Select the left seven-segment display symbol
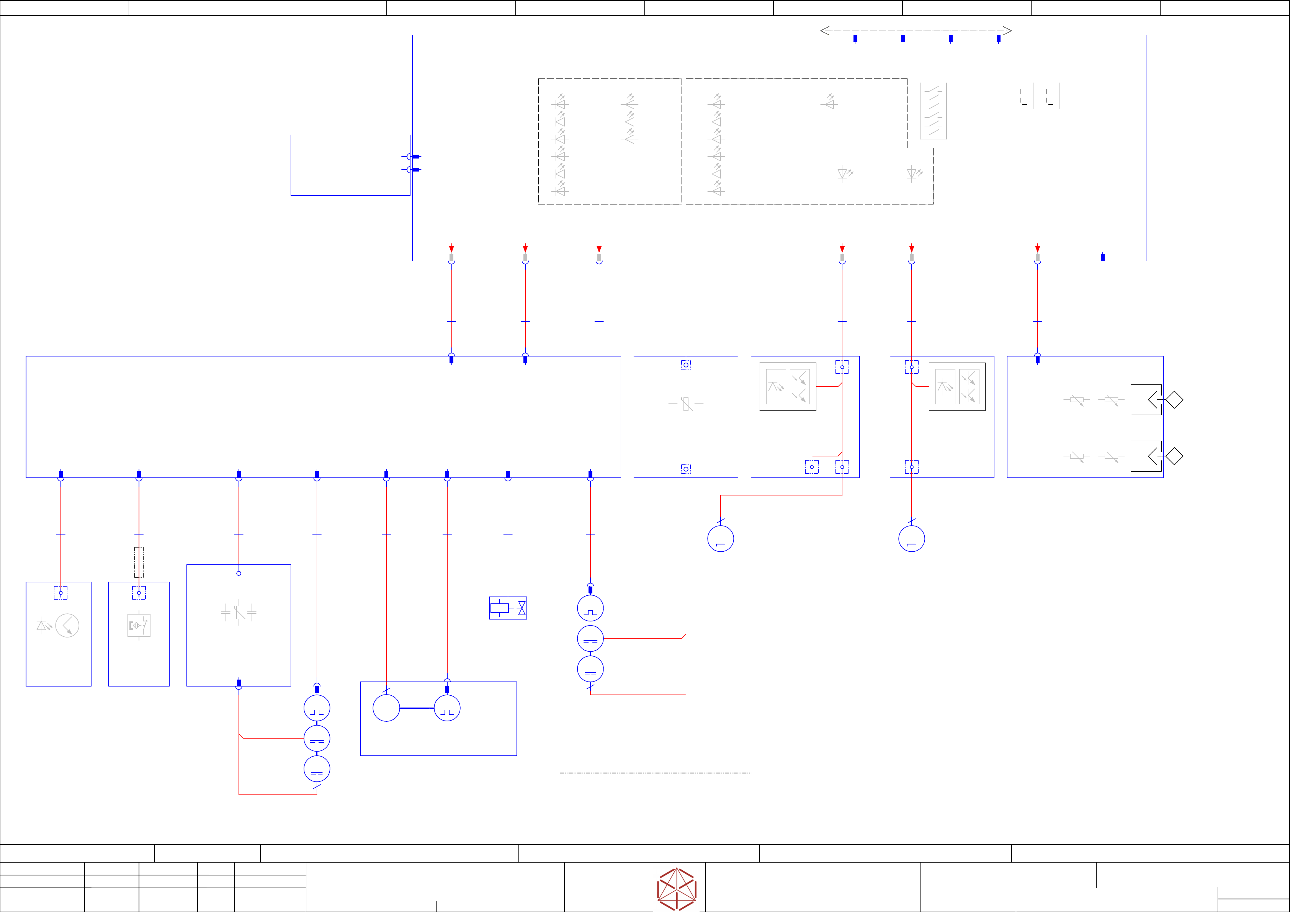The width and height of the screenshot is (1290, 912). pos(1024,96)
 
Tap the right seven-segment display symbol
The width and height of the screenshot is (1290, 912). pos(1050,96)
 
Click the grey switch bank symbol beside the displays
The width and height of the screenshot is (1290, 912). pos(933,111)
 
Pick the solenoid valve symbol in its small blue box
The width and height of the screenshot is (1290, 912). pos(508,608)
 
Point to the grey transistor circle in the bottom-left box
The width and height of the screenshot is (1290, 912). pos(67,625)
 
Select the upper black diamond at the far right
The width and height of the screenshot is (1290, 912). pos(1174,400)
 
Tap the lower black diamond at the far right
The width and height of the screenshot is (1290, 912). pos(1174,456)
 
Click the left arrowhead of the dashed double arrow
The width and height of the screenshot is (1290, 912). pos(825,31)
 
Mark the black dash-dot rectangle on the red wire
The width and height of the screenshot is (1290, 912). pos(139,562)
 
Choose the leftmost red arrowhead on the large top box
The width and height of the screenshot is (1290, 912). pos(451,249)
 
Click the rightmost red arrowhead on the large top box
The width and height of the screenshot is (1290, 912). pos(1037,249)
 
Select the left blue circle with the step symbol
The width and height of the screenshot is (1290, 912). pos(720,539)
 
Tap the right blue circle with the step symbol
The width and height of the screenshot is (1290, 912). pos(911,539)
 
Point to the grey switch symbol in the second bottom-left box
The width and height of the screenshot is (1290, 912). pos(139,625)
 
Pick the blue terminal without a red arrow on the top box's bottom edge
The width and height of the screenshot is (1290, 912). pos(1102,257)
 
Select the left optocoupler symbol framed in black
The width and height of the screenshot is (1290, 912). pos(788,387)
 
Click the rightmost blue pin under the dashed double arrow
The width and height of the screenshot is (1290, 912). pos(998,39)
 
